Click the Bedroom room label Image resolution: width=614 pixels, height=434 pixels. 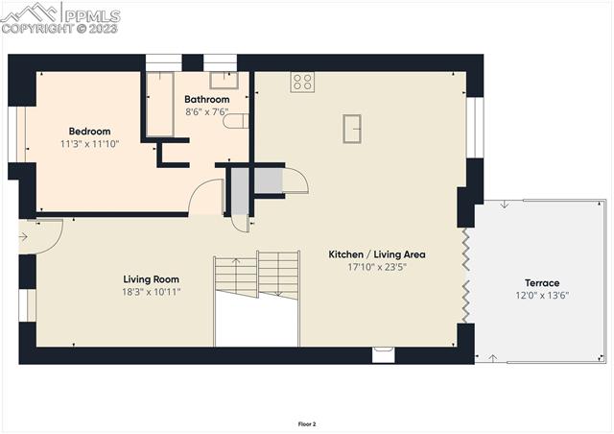point(89,132)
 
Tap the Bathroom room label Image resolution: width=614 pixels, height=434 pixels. point(207,99)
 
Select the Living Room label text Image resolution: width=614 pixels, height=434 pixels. point(152,279)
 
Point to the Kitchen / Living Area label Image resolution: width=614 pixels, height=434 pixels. point(376,254)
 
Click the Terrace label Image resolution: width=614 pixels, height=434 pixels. point(541,283)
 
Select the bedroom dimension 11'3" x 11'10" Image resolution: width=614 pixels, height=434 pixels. point(89,145)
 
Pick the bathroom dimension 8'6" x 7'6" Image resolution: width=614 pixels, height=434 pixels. point(207,111)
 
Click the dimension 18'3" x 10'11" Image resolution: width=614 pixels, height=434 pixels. point(152,292)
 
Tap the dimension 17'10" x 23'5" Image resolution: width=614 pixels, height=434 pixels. point(376,268)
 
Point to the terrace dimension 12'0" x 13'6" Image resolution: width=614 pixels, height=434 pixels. point(541,297)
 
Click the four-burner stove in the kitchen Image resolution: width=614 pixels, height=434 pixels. point(303,82)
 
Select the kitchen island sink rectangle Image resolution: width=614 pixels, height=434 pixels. point(352,127)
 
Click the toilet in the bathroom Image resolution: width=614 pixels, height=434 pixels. point(242,121)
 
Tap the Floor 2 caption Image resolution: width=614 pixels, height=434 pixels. point(307,423)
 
